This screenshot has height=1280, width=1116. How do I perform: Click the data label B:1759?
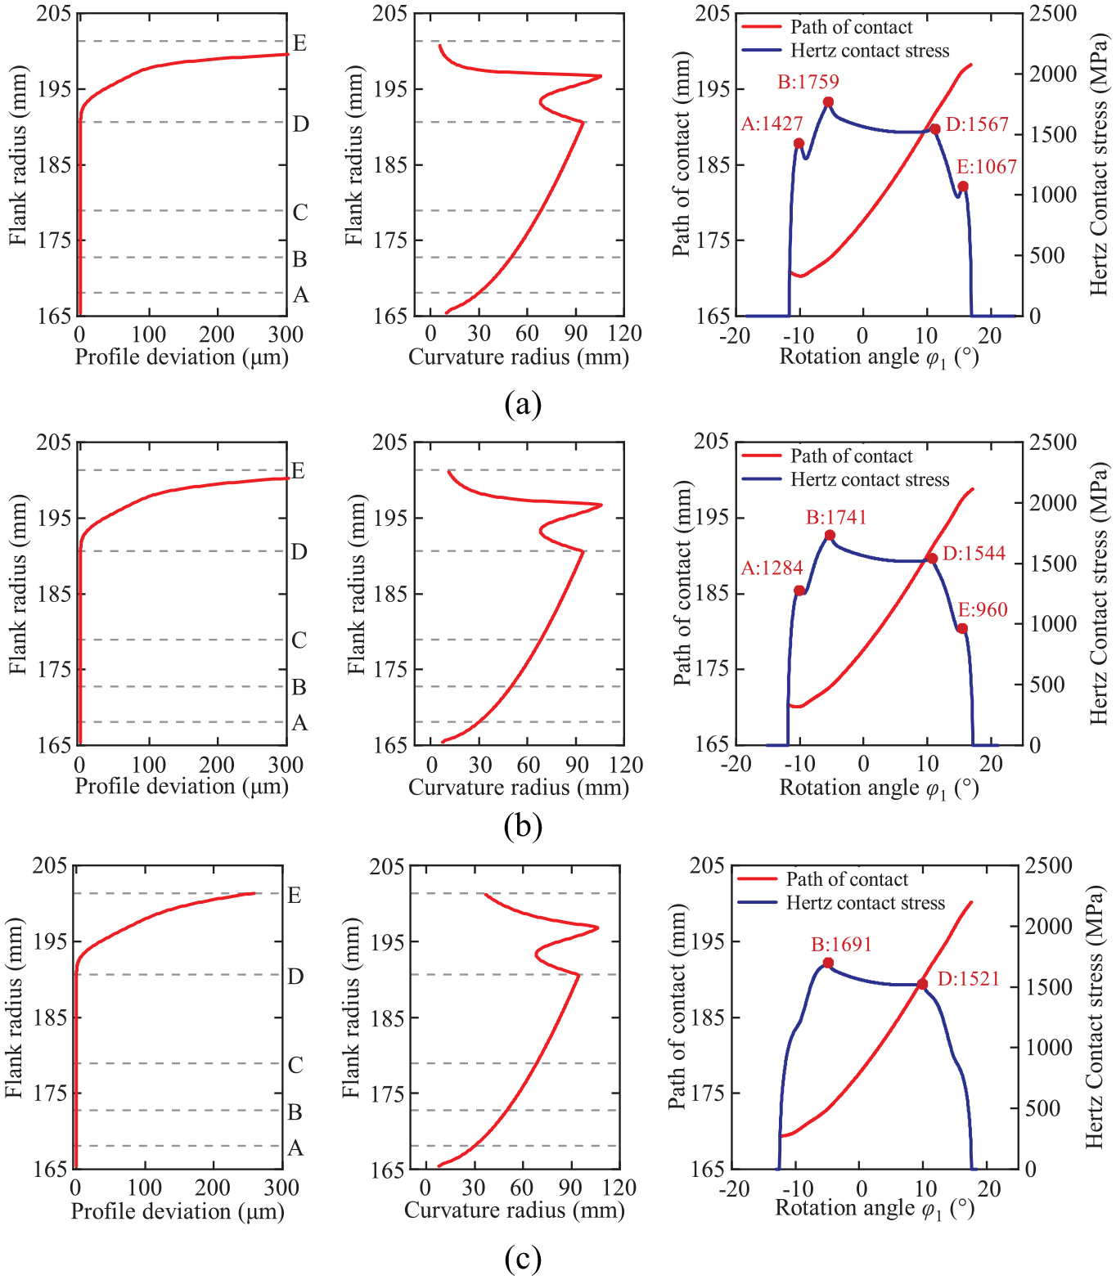coord(808,81)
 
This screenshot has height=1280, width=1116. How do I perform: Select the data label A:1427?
coord(772,124)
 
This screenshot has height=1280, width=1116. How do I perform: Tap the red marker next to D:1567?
coord(935,129)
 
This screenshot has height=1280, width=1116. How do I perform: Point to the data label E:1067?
coord(987,166)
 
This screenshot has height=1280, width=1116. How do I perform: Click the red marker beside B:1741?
coord(830,535)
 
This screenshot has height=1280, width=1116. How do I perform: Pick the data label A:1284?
coord(772,568)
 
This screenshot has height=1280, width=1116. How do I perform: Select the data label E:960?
coord(983,609)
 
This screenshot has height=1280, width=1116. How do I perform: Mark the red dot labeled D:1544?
coord(932,558)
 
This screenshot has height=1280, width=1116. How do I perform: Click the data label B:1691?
coord(841,944)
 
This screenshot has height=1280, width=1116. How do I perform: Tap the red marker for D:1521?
coord(922,984)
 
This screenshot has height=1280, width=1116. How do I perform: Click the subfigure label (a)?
coord(523,404)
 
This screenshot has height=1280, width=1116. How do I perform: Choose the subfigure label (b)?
coord(523,826)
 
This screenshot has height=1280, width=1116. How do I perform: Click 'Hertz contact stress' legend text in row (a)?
coord(870,51)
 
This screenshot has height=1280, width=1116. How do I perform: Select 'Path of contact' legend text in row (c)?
coord(847,879)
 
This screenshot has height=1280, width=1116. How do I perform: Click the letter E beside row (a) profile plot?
coord(299,43)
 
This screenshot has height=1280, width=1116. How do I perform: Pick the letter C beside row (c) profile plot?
coord(295,1065)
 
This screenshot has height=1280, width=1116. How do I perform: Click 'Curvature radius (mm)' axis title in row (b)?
coord(518,787)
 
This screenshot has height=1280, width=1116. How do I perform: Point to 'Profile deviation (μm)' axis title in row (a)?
coord(182,357)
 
